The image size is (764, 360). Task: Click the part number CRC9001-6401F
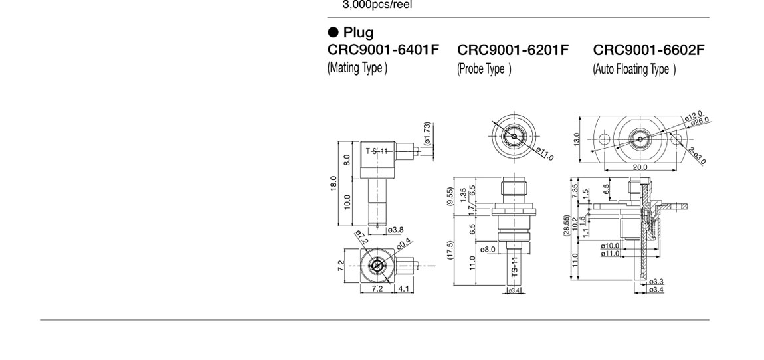383,50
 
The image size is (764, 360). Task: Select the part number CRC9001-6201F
513,50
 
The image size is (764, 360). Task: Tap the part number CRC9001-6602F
648,50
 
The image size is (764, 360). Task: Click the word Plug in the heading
359,33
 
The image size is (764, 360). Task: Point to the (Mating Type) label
357,67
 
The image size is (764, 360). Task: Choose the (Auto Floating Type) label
634,69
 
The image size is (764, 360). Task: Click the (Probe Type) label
484,69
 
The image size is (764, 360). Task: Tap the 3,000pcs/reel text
377,5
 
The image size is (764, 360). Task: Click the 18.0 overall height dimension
334,184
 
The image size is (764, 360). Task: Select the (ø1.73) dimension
427,134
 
